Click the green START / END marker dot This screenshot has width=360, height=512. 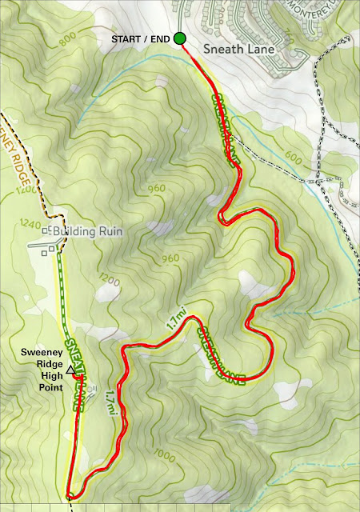180,38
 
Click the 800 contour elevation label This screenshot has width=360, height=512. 68,37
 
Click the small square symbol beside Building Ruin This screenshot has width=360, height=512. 48,230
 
